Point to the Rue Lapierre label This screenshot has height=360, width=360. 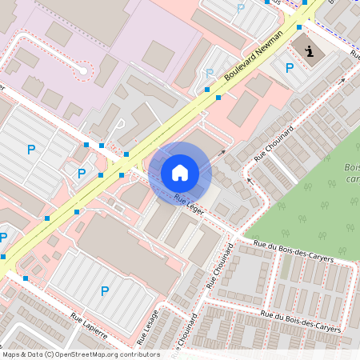point(88,326)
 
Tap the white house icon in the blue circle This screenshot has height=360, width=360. point(180,172)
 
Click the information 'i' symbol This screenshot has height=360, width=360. point(309,50)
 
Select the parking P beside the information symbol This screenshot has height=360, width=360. point(290,68)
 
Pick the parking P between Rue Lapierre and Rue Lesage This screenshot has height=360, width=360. point(104,291)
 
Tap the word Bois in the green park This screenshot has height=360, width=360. point(351,168)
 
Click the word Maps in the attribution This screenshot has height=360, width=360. point(12,354)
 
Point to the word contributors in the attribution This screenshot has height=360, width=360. point(138,354)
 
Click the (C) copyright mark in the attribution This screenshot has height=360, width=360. point(50,354)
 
